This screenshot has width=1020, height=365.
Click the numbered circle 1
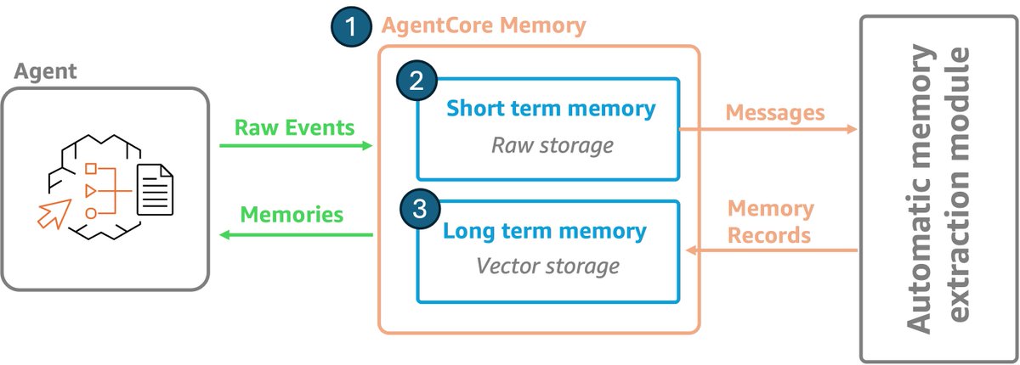point(351,26)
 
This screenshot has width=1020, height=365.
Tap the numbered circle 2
point(416,81)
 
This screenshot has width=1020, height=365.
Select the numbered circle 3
point(420,209)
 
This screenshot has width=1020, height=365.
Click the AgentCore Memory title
point(484,25)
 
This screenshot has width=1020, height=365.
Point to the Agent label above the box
point(46,71)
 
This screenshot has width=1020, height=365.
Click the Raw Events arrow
point(296,145)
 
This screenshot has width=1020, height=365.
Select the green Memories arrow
point(296,234)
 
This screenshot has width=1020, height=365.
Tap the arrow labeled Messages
point(768,129)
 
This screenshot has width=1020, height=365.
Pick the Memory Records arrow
point(772,250)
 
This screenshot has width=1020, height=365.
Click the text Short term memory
point(551,109)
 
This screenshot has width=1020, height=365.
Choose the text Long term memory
point(545,231)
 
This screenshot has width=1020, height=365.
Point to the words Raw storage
point(552,145)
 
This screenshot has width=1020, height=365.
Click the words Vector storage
point(547,266)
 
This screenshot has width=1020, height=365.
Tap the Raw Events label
point(294,127)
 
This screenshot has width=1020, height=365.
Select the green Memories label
point(292,215)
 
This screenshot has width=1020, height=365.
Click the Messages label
point(775,113)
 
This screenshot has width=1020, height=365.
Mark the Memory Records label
point(770,222)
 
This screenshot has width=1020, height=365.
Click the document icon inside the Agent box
point(156,189)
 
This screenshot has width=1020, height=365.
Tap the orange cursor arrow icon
point(54,214)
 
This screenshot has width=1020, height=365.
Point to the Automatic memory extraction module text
point(938,188)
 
